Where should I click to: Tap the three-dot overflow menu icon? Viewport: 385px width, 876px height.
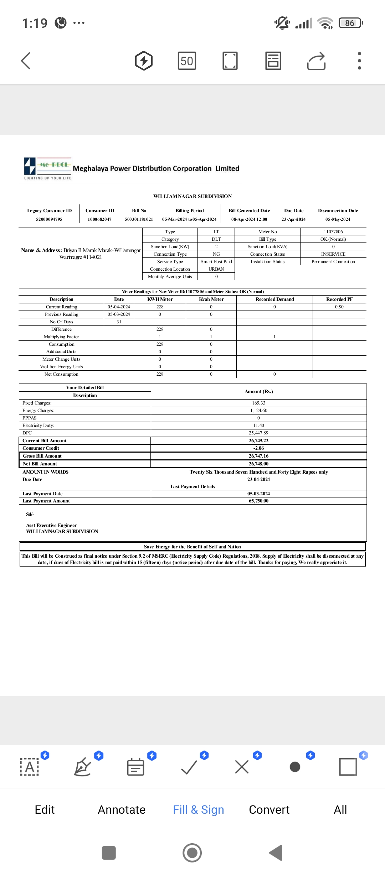point(359,61)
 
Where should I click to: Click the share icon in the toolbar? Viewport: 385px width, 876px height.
point(316,61)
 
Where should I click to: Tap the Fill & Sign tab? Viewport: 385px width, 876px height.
point(198,809)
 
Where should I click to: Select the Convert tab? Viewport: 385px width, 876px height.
point(269,809)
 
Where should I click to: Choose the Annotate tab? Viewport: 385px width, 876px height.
point(122,809)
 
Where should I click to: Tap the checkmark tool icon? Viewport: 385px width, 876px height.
point(189,767)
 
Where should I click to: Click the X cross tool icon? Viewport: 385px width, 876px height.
point(242,767)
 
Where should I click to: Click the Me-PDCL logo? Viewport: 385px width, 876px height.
point(47,168)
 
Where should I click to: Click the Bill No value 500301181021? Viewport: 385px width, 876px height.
point(139,219)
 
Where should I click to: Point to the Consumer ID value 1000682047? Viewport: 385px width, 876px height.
point(99,219)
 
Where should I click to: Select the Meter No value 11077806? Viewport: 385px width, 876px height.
point(333,232)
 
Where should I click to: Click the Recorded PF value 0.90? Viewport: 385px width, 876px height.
point(339,307)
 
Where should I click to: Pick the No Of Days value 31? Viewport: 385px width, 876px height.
point(119,322)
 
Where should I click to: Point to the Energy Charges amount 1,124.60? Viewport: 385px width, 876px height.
point(258,411)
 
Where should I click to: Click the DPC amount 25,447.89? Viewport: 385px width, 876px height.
point(258,433)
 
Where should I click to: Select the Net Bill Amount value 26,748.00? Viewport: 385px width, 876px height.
point(258,464)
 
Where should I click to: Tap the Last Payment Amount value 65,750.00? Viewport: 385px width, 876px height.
point(258,501)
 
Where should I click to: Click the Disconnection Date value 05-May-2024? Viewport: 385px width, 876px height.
point(338,219)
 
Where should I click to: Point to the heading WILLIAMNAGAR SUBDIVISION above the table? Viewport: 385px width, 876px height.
point(192,196)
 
